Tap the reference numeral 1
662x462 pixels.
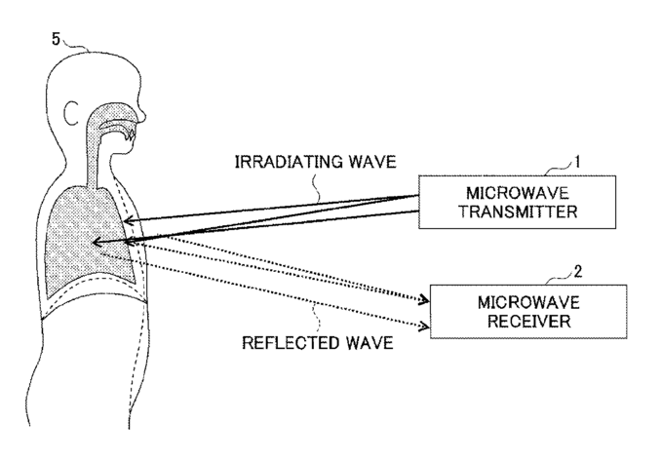click(577, 162)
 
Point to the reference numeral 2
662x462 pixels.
click(577, 271)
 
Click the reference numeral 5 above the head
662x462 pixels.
click(57, 39)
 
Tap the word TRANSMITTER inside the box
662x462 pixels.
click(518, 212)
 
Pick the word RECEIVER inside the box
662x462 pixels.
click(528, 321)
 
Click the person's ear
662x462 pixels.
click(70, 113)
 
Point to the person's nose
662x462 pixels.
click(142, 114)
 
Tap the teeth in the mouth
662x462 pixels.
click(130, 135)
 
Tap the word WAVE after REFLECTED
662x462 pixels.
click(370, 342)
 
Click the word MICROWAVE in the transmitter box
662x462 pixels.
click(517, 193)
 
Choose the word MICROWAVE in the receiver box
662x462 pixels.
click(528, 302)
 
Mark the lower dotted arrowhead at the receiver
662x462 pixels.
click(424, 326)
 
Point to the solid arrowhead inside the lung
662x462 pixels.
click(97, 242)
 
